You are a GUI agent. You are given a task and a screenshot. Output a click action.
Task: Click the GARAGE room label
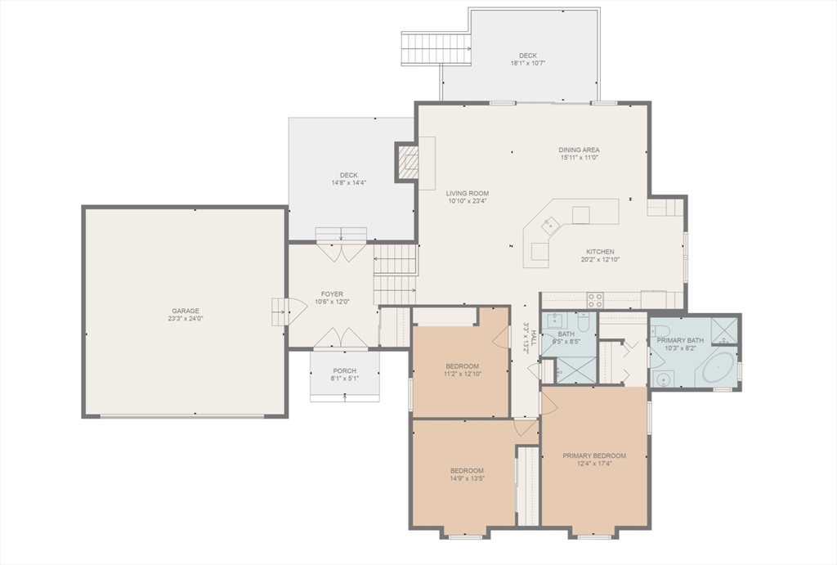point(186,311)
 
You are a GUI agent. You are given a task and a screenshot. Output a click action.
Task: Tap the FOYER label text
point(332,294)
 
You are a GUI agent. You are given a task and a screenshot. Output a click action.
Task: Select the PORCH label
point(344,371)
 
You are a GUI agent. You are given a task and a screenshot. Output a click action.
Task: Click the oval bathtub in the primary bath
point(717,369)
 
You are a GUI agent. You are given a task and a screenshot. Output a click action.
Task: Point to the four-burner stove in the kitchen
point(595,300)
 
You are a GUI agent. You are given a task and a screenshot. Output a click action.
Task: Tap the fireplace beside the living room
point(407,163)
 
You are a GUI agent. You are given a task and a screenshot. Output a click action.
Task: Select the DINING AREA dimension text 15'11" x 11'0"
point(580,158)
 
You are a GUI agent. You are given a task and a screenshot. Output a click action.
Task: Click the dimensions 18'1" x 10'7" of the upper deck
point(528,63)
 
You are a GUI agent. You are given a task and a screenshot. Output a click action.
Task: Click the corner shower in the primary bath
point(723,329)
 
